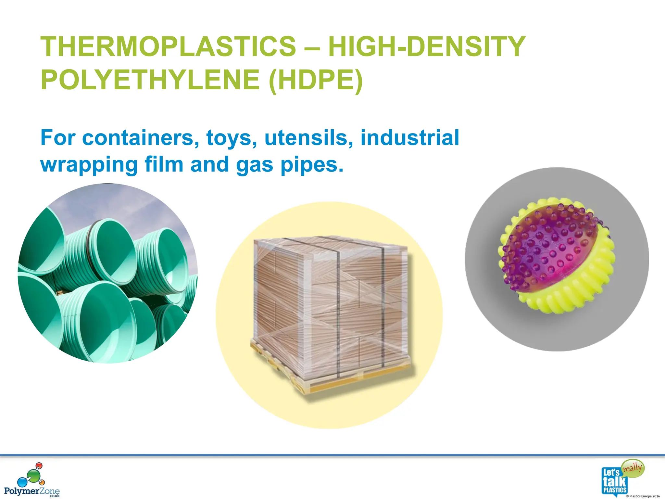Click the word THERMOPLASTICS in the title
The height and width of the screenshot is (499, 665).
[x=168, y=46]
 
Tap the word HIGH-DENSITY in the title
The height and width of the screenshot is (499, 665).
[x=427, y=46]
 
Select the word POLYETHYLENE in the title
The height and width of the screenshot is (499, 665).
[x=150, y=80]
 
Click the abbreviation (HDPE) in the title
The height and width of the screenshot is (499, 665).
[x=316, y=80]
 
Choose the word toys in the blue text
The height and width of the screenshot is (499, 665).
[x=229, y=138]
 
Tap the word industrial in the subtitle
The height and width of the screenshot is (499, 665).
[x=410, y=138]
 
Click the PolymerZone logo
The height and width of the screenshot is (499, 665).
[x=32, y=480]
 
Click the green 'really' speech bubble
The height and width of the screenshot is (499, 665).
[x=633, y=468]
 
